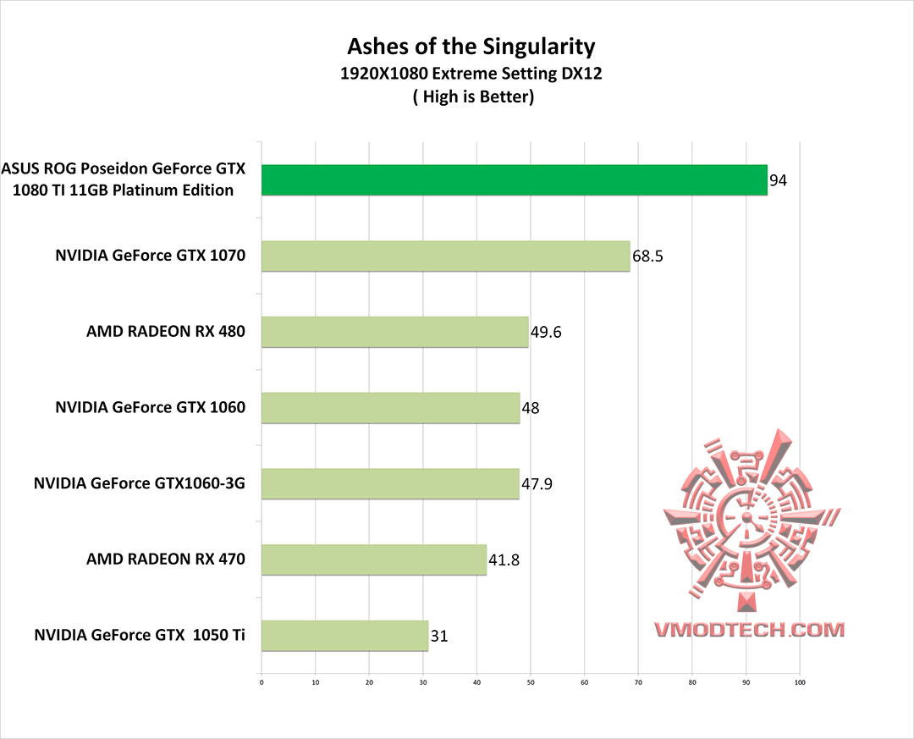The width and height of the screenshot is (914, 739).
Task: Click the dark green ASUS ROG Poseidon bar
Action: pyautogui.click(x=514, y=180)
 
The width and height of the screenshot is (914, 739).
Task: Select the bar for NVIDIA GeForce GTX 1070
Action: pyautogui.click(x=445, y=256)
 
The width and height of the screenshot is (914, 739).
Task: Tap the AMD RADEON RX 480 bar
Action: pyautogui.click(x=394, y=332)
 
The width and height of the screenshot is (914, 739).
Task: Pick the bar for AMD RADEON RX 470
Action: pyautogui.click(x=373, y=560)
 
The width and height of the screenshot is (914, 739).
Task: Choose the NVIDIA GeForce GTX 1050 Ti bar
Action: pyautogui.click(x=344, y=635)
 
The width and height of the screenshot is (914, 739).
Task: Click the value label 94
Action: pyautogui.click(x=779, y=180)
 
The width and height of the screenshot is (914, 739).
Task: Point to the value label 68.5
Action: pyautogui.click(x=647, y=256)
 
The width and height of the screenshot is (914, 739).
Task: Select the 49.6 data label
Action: pyautogui.click(x=546, y=332)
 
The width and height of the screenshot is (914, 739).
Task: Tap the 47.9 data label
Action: pyautogui.click(x=537, y=484)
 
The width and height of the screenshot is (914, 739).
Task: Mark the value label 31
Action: pyautogui.click(x=439, y=636)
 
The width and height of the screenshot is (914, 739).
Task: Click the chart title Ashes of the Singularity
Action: pyautogui.click(x=471, y=46)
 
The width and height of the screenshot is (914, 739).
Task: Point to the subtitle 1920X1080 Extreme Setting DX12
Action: pyautogui.click(x=471, y=74)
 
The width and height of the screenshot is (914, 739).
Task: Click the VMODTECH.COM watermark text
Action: pyautogui.click(x=749, y=629)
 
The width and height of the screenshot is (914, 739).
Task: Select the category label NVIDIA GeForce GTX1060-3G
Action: pyautogui.click(x=140, y=484)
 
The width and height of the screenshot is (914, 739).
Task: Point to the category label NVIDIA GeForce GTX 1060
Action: pyautogui.click(x=150, y=407)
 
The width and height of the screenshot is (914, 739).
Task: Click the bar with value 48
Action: pyautogui.click(x=390, y=408)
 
